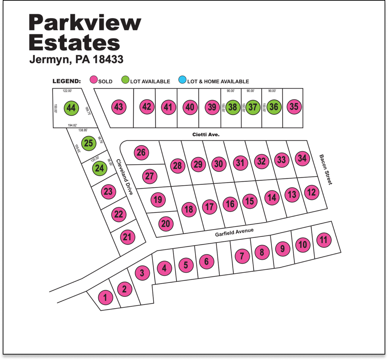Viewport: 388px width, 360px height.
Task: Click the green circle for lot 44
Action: tap(71, 108)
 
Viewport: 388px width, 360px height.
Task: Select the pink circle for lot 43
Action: tap(119, 107)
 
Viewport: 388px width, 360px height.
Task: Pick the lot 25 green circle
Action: tap(88, 143)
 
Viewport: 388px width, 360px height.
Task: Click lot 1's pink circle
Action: tap(105, 297)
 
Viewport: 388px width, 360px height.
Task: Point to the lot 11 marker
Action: tap(323, 240)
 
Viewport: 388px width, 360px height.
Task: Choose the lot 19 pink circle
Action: tap(158, 199)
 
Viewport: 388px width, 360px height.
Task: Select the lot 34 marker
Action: tap(302, 158)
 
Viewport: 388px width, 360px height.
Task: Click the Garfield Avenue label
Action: tap(234, 233)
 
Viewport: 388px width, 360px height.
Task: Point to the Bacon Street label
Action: tap(325, 170)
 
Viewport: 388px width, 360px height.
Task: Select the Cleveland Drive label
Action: tap(124, 177)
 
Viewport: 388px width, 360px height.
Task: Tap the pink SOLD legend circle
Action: tap(94, 81)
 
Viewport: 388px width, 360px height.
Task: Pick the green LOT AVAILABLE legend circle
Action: tap(126, 81)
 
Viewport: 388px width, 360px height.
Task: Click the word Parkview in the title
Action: tap(85, 23)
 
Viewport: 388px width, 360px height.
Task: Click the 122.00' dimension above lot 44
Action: tap(67, 91)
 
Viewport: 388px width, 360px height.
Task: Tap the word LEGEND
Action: tap(66, 81)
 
